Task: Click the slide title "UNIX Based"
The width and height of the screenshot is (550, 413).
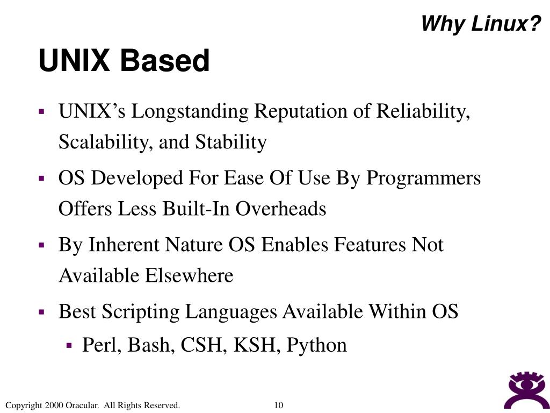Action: tap(124, 61)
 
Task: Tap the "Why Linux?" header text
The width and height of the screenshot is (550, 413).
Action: tap(480, 24)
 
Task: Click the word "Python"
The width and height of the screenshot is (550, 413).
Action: tap(317, 345)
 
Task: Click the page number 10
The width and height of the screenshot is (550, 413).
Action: tap(278, 405)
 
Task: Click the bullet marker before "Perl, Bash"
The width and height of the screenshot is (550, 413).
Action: tap(69, 345)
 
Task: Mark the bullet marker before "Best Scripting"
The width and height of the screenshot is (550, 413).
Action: tap(41, 311)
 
